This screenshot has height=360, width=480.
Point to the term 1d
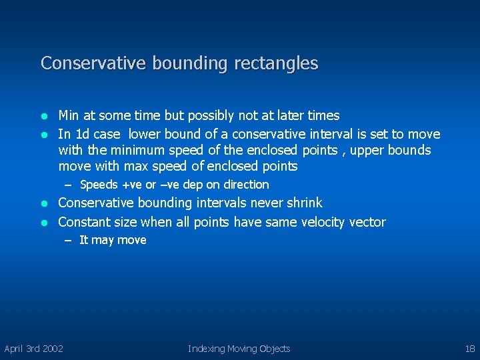point(83,134)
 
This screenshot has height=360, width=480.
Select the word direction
point(246,185)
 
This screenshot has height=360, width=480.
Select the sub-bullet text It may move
point(113,240)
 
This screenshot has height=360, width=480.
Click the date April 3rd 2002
point(34,349)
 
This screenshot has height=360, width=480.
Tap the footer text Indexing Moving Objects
point(239,349)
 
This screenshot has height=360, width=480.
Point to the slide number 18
point(469,349)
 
